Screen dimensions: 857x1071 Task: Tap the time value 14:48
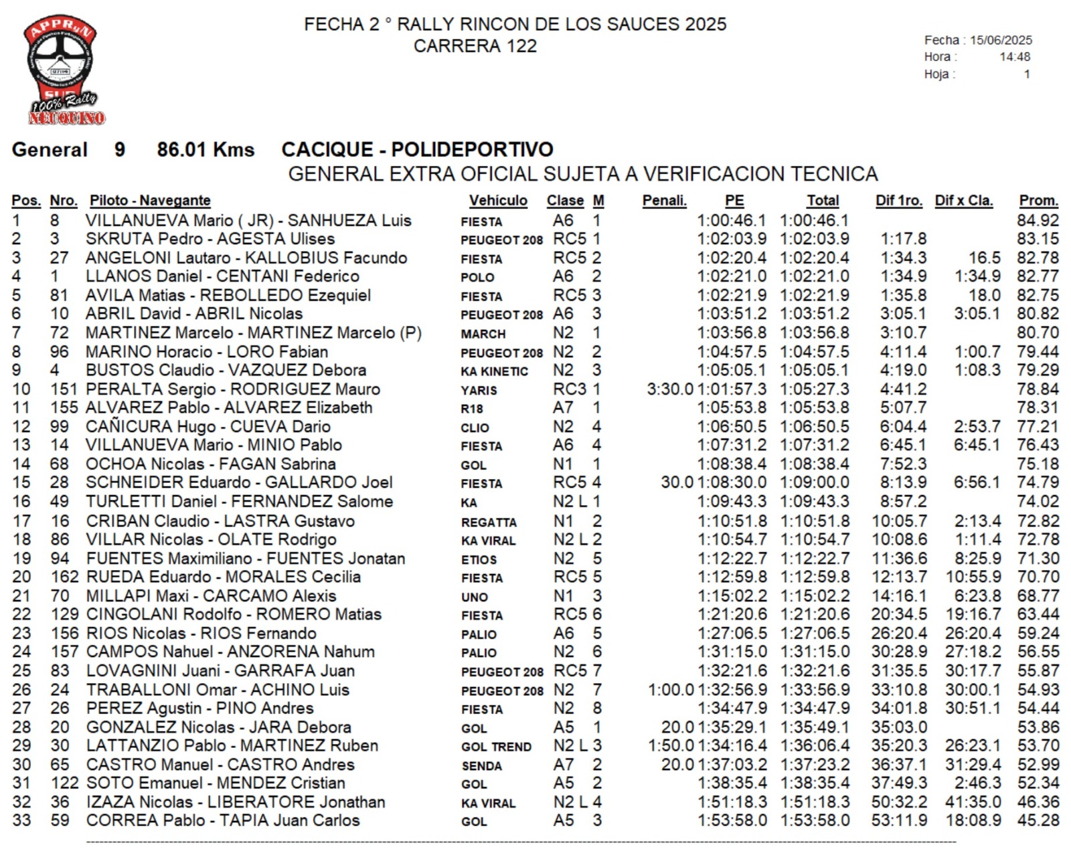click(1015, 57)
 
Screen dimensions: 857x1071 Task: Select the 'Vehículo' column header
click(498, 201)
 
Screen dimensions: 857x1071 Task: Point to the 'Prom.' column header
click(1038, 201)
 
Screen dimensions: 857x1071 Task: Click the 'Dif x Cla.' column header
click(964, 201)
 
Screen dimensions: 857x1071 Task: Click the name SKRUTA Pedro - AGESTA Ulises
click(210, 239)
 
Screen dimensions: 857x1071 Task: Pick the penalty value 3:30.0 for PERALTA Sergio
click(669, 389)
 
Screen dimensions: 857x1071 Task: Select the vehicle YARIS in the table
click(479, 390)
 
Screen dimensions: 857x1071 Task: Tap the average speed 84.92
click(1038, 220)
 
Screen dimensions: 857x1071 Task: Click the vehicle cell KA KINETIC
click(495, 371)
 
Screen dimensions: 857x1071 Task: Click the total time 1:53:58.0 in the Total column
click(815, 820)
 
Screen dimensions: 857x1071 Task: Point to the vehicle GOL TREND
click(497, 747)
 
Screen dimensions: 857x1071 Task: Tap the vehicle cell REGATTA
click(489, 522)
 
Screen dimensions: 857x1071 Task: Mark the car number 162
click(64, 577)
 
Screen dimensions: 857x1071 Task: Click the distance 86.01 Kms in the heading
click(205, 149)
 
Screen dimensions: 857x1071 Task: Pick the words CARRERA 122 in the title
click(475, 46)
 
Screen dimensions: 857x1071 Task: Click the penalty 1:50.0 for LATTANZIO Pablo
click(671, 745)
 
